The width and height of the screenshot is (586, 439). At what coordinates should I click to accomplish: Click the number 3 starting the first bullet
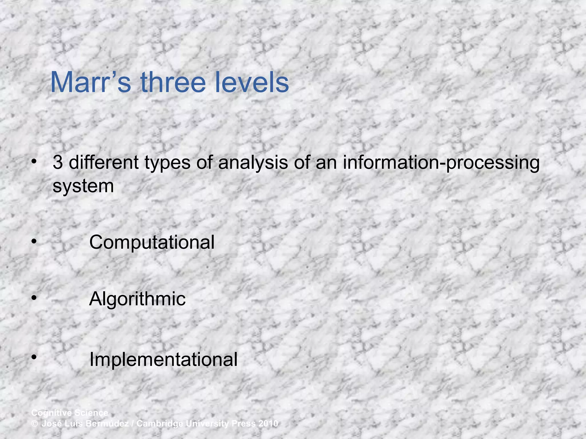click(x=58, y=162)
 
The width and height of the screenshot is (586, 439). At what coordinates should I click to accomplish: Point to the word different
click(x=104, y=162)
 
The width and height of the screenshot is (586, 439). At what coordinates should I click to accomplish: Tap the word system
click(x=83, y=186)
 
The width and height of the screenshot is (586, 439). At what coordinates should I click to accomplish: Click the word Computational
click(x=152, y=242)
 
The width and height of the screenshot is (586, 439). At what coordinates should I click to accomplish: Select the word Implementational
click(x=163, y=359)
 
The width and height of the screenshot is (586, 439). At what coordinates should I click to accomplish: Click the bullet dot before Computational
click(x=34, y=242)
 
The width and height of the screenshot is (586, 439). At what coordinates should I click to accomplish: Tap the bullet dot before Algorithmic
click(x=34, y=298)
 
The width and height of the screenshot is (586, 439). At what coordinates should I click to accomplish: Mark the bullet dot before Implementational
click(x=34, y=357)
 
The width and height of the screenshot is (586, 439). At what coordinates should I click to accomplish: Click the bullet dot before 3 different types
click(x=34, y=162)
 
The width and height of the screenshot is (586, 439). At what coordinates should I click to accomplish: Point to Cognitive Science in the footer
click(x=70, y=413)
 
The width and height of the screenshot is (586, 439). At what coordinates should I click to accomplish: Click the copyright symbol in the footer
click(x=35, y=424)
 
